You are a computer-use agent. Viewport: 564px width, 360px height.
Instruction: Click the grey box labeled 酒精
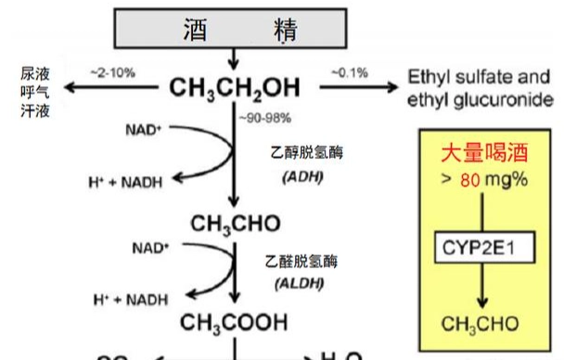click(x=236, y=29)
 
